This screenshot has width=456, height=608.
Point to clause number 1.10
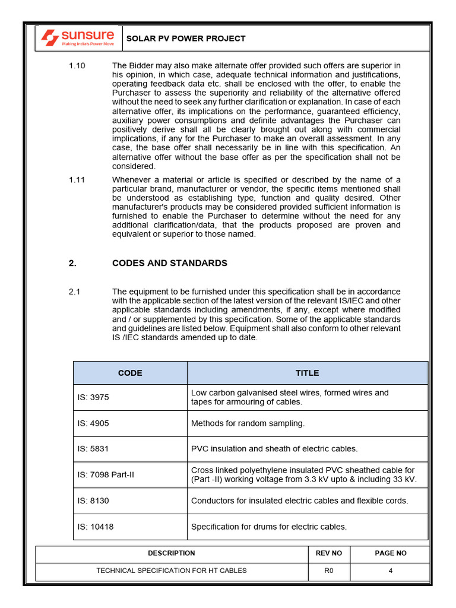coord(77,66)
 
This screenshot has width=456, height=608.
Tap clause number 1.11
coord(77,180)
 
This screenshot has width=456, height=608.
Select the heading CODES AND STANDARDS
coord(170,263)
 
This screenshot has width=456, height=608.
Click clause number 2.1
coord(74,292)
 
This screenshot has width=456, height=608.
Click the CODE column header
coord(130,373)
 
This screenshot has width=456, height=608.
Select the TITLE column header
coord(307,373)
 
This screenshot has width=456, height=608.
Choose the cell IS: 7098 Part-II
coord(106,475)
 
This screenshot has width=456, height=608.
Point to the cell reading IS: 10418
coord(95,527)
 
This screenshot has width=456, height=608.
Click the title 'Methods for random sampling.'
coord(248,423)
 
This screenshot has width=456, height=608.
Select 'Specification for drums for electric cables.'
coord(268,527)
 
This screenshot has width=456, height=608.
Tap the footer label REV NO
coord(329,553)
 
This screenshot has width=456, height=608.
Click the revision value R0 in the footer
coord(329,571)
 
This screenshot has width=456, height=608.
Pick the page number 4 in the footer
coord(390,571)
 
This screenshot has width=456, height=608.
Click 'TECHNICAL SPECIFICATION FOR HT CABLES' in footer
coord(172,571)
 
